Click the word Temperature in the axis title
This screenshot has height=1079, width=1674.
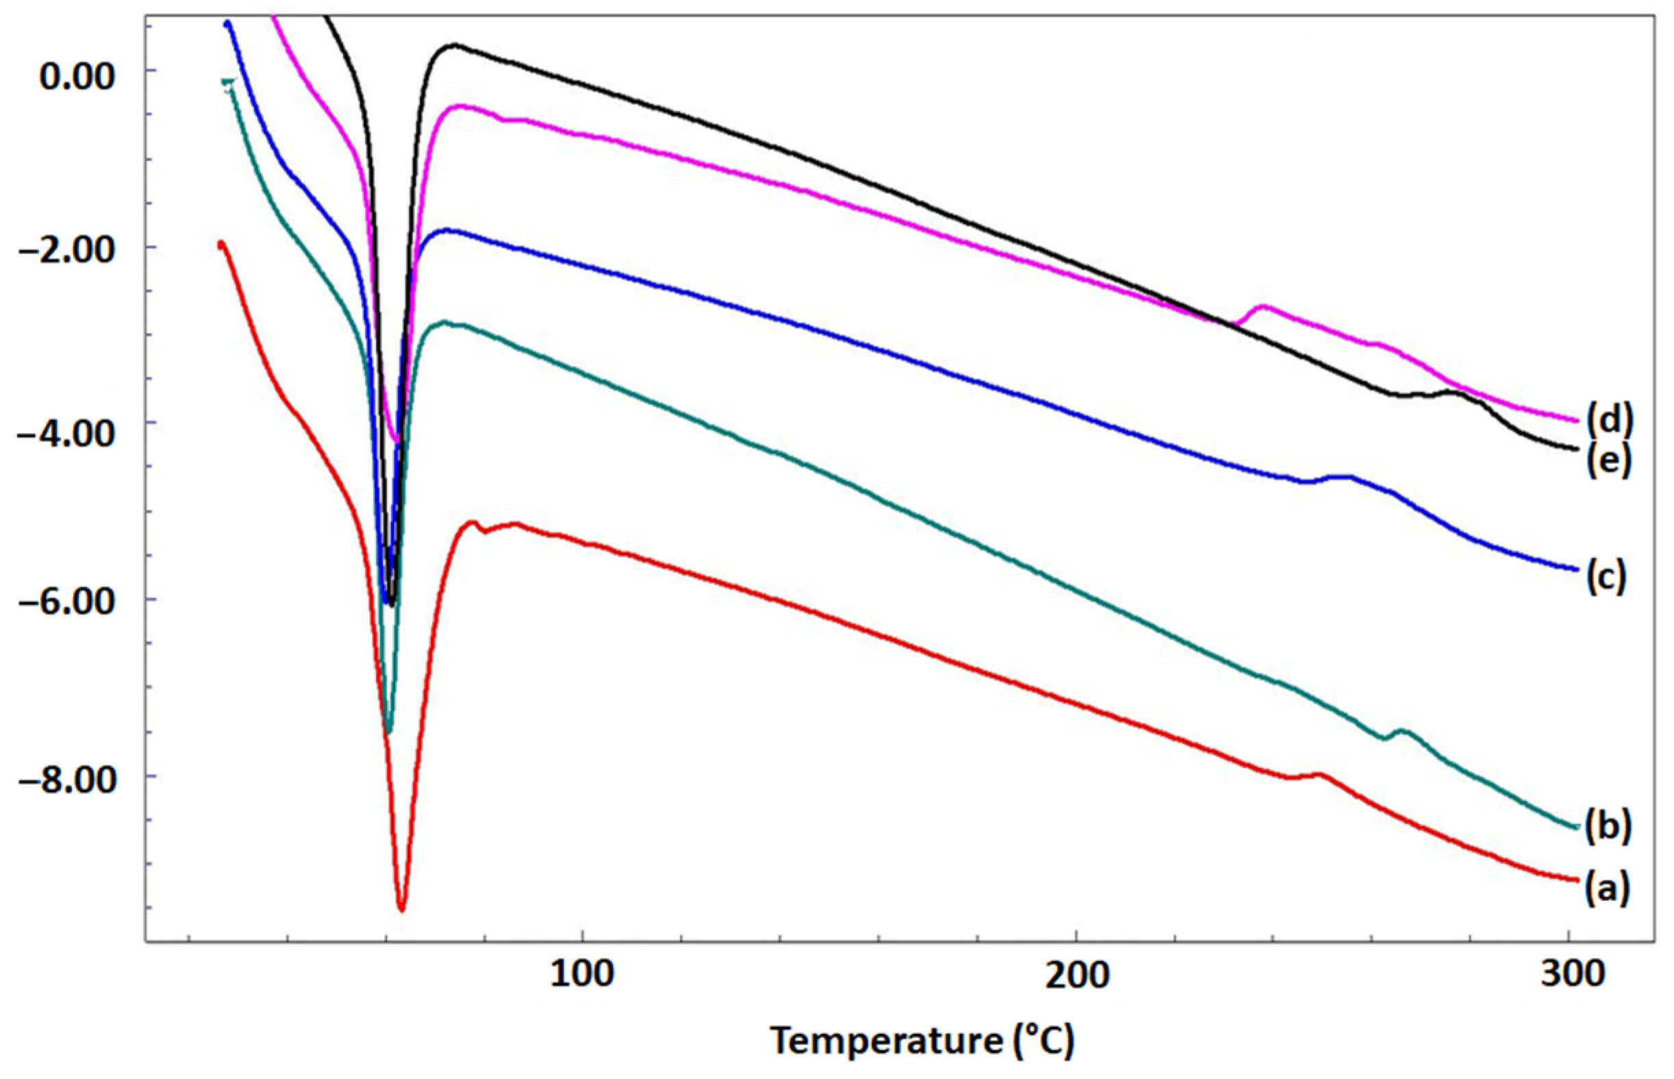tap(886, 1041)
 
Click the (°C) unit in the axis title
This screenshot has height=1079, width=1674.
tap(1044, 1041)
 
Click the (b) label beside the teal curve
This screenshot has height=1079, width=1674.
tap(1608, 827)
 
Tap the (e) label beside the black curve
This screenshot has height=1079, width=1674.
tap(1609, 461)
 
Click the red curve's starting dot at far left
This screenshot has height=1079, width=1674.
tap(221, 245)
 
